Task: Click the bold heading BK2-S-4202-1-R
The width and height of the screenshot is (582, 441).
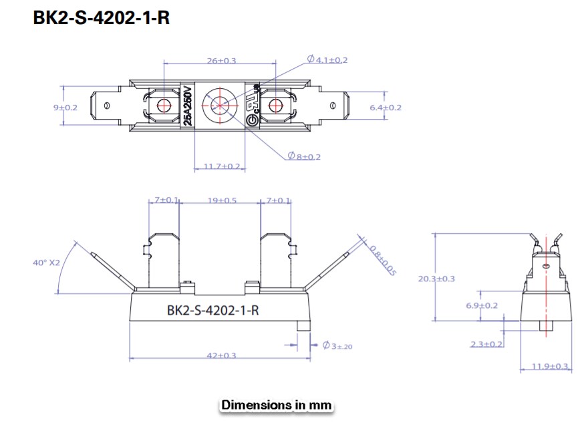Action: [x=101, y=18]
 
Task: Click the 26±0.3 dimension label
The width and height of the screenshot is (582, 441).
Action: [x=221, y=61]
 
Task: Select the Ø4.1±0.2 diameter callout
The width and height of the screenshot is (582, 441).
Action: [x=327, y=60]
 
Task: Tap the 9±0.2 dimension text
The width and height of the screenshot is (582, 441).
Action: [x=65, y=107]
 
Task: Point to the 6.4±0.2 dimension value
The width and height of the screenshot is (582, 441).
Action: [x=386, y=107]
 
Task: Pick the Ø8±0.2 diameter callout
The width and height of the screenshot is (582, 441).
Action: [x=305, y=156]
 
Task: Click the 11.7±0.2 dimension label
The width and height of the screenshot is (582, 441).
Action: [x=221, y=166]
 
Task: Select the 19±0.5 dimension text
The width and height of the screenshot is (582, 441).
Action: [x=221, y=200]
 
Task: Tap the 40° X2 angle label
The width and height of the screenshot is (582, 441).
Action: [x=46, y=263]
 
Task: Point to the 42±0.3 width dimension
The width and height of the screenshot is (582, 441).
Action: [x=221, y=355]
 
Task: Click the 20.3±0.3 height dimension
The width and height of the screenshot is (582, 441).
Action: [x=436, y=278]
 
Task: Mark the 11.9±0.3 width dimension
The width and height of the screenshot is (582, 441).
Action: [x=550, y=366]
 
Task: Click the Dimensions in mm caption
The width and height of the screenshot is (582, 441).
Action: [x=277, y=405]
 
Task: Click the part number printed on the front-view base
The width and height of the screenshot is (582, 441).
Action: [x=212, y=310]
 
